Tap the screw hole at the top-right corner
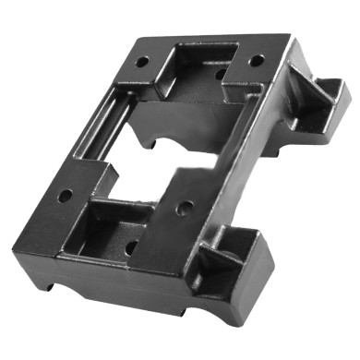point(258,60)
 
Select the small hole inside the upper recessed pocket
point(219,70)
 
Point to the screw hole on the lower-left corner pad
point(66,196)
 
